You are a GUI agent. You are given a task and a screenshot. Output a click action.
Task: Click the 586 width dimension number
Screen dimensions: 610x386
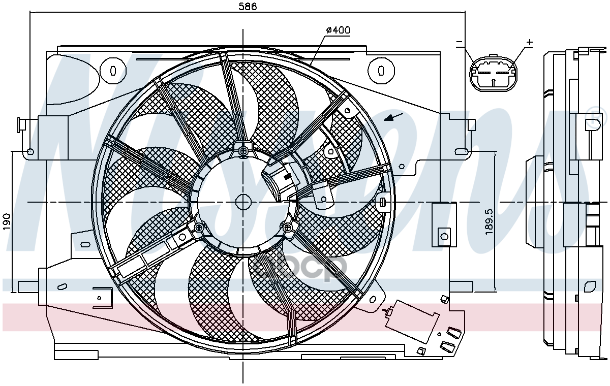pos(248,7)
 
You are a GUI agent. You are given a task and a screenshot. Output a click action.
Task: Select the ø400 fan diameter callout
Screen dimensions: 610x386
pos(338,30)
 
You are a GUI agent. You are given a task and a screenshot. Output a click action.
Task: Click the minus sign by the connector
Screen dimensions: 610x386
pos(459,43)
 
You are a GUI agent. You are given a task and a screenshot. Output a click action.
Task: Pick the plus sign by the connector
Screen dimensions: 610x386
pos(529,43)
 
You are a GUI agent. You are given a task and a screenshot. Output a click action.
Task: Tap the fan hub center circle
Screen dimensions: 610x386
pos(243,202)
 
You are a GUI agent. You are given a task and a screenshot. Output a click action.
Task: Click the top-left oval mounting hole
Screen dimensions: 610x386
pos(113,70)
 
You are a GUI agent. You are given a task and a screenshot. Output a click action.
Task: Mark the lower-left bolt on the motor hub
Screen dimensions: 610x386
pos(198,228)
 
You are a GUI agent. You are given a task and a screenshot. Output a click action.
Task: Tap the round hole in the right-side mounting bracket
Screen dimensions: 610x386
pos(444,235)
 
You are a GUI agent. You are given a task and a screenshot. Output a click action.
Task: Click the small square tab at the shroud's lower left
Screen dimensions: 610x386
pos(102,297)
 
